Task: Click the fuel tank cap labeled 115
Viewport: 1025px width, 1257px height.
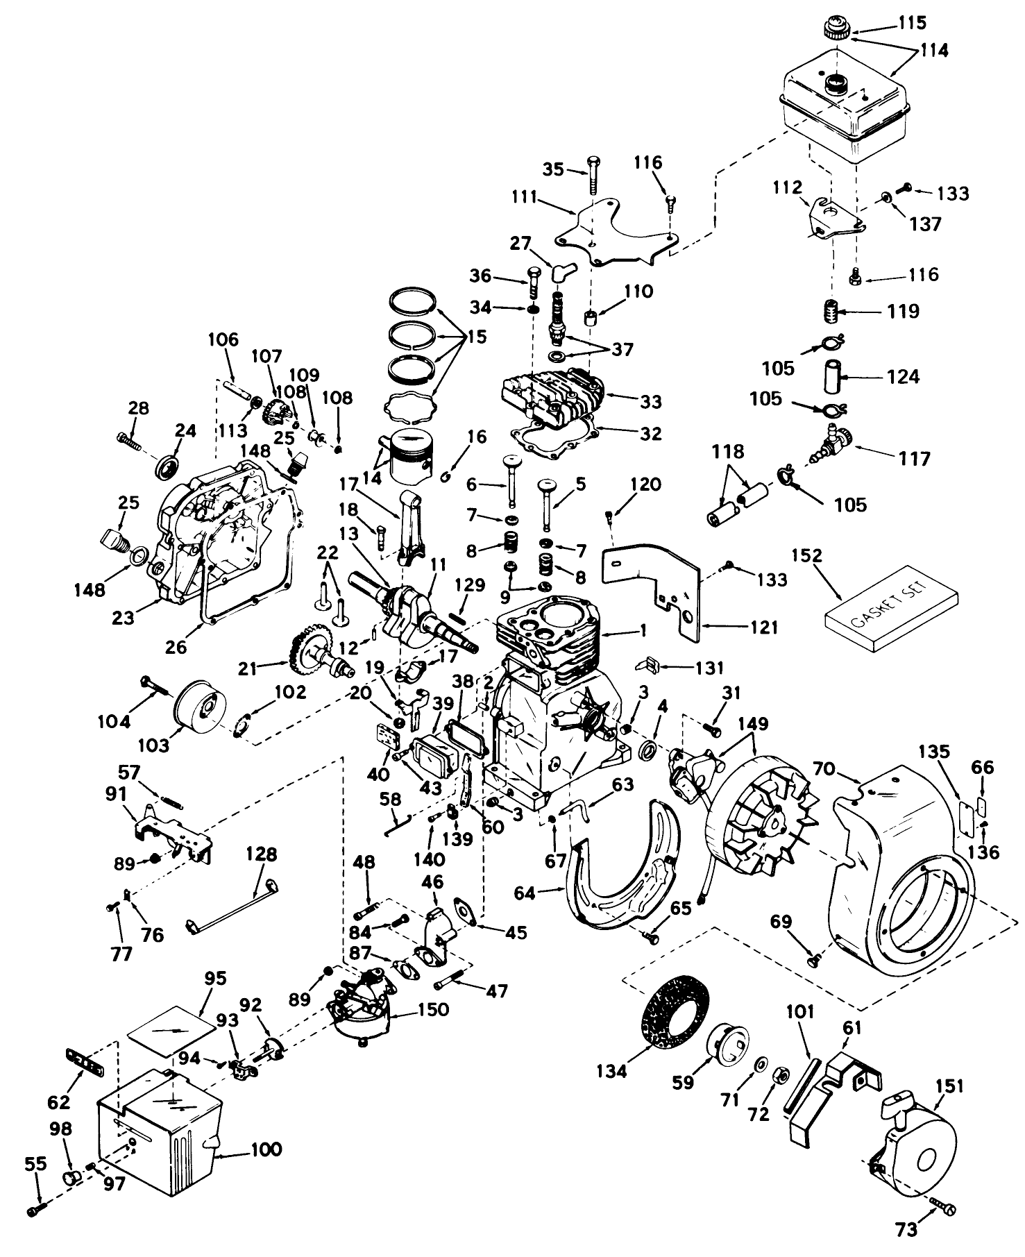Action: tap(833, 30)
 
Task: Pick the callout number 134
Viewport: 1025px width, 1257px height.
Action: tap(611, 1071)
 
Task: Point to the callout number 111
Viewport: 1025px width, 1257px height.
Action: tap(525, 196)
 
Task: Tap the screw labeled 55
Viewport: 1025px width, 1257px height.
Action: tap(35, 1210)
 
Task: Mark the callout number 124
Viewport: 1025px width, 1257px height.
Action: tap(903, 377)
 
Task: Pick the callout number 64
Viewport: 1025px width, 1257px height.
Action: tap(525, 893)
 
